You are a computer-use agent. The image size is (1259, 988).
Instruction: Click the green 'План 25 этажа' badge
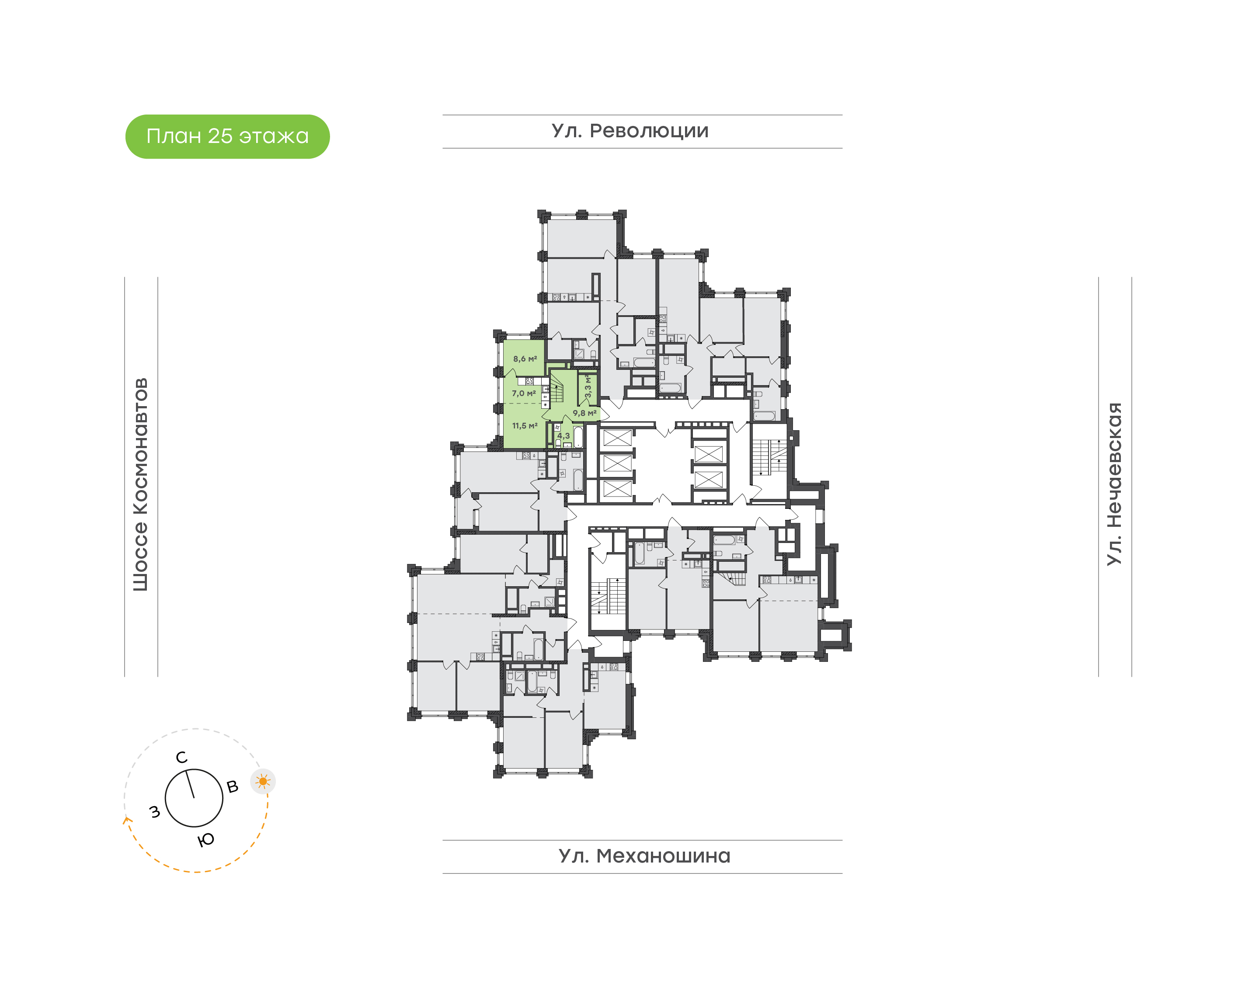[x=227, y=136]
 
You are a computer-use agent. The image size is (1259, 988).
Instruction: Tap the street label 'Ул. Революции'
[x=630, y=131]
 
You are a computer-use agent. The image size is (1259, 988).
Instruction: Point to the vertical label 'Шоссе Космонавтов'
[x=140, y=484]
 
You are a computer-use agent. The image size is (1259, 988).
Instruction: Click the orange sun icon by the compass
[x=263, y=782]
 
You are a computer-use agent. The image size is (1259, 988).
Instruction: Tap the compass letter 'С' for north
[x=181, y=757]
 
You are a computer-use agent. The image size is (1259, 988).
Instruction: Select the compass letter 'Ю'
[x=206, y=840]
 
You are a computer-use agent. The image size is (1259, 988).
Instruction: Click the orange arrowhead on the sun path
[x=127, y=819]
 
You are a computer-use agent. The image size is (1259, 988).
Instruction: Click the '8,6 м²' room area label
[x=525, y=358]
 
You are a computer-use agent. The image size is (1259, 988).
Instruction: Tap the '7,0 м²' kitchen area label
[x=523, y=393]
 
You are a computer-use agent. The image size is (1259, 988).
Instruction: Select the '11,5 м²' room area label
[x=525, y=426]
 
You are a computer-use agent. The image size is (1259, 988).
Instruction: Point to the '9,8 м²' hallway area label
[x=584, y=413]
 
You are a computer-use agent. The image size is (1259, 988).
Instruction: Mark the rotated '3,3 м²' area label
[x=588, y=386]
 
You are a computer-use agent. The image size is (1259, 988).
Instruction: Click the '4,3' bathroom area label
[x=563, y=435]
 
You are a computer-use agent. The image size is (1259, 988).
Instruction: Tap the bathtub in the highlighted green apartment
[x=578, y=437]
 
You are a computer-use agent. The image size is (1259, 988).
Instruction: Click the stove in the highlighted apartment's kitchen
[x=529, y=381]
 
